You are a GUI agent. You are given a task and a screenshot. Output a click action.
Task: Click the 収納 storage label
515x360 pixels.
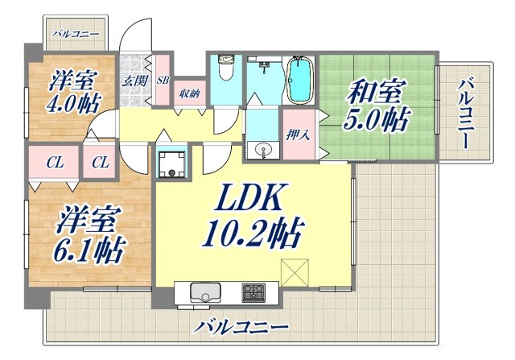(190, 92)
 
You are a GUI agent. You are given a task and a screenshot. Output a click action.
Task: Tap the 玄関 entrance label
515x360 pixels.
(134, 80)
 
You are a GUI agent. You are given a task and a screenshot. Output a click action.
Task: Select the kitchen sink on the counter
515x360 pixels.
(204, 291)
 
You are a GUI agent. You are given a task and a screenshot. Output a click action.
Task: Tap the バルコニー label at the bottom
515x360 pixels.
(241, 327)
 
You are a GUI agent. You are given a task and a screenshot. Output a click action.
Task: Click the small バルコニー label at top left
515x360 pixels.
(75, 34)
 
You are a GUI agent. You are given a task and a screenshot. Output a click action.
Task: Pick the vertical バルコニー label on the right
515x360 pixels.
(465, 113)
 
